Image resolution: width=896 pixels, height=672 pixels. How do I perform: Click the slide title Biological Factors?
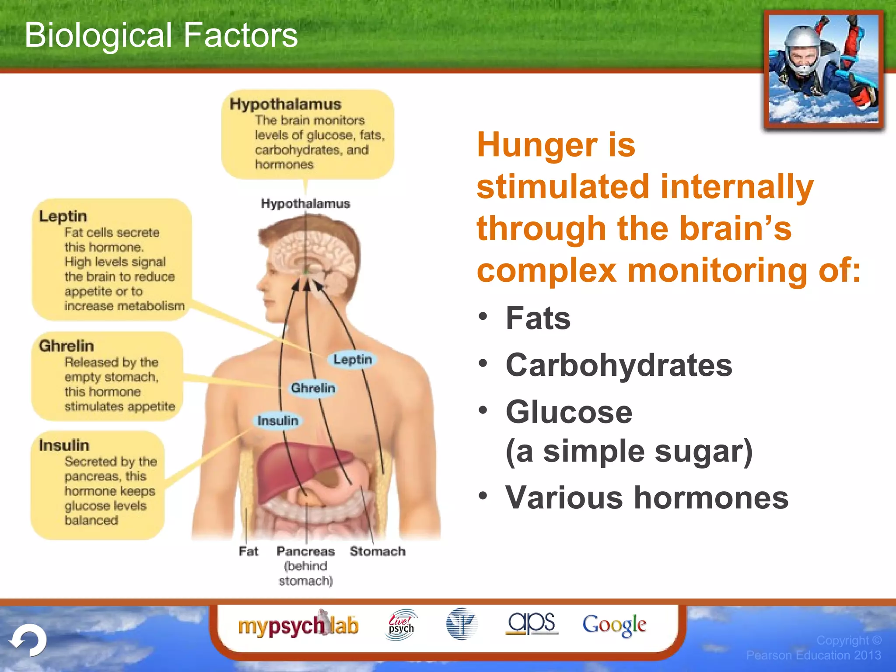click(161, 35)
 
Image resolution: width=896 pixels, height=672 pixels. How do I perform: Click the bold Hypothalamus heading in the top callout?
click(285, 104)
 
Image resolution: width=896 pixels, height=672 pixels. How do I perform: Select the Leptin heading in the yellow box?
click(63, 216)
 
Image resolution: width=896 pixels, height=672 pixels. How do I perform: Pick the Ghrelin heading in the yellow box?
click(66, 346)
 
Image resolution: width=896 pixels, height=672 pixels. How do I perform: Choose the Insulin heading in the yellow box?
click(64, 445)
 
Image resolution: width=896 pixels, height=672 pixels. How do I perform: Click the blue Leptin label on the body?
click(352, 360)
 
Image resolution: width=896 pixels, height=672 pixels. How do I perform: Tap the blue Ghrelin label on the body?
click(313, 388)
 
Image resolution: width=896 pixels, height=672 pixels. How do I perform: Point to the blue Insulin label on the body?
click(278, 421)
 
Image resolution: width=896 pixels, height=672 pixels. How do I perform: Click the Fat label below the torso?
click(248, 551)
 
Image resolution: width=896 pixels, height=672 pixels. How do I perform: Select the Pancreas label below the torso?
click(305, 551)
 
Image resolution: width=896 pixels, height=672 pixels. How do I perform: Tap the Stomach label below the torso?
click(378, 551)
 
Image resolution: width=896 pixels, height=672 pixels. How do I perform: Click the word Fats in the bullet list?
click(538, 318)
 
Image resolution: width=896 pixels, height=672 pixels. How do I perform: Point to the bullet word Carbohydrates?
click(619, 365)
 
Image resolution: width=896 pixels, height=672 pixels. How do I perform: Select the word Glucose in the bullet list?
click(569, 412)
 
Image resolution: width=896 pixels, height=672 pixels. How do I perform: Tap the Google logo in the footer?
click(614, 625)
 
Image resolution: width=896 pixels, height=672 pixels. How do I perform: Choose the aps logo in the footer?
click(531, 623)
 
